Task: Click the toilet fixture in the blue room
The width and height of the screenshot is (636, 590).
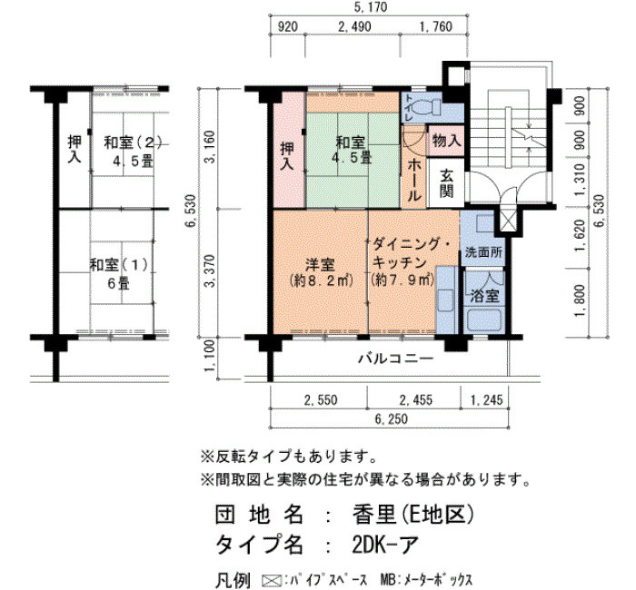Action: pyautogui.click(x=427, y=106)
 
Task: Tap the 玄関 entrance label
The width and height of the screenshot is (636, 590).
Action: pyautogui.click(x=447, y=183)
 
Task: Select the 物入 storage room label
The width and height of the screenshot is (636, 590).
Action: pyautogui.click(x=446, y=141)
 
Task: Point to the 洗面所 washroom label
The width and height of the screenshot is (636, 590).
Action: pyautogui.click(x=483, y=252)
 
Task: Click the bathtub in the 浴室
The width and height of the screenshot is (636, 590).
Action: pyautogui.click(x=485, y=320)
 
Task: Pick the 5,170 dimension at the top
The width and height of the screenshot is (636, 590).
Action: pyautogui.click(x=371, y=7)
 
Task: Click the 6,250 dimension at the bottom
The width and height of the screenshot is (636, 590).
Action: pyautogui.click(x=391, y=419)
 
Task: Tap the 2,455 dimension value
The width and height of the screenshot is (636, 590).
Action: pyautogui.click(x=416, y=400)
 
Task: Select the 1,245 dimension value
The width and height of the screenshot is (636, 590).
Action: pyautogui.click(x=486, y=400)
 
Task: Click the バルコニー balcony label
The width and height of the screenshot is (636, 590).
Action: pyautogui.click(x=396, y=359)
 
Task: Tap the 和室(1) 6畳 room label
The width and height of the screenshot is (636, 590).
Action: pyautogui.click(x=119, y=274)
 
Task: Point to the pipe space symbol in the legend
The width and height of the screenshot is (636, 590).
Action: pyautogui.click(x=272, y=580)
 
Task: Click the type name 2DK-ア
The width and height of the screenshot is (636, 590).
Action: pyautogui.click(x=385, y=544)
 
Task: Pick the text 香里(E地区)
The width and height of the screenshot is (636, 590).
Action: pyautogui.click(x=412, y=515)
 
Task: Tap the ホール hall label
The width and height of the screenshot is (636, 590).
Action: pyautogui.click(x=413, y=180)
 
